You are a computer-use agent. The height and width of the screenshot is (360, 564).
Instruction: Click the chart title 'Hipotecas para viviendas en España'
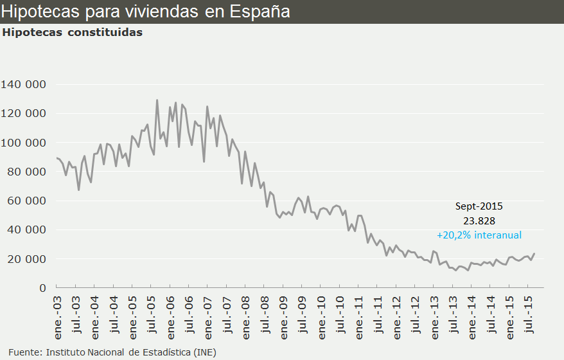(x=145, y=12)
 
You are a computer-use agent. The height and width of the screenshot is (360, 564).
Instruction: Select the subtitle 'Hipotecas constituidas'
(x=73, y=32)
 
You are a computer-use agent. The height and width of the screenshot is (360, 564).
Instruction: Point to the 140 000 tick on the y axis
(x=24, y=84)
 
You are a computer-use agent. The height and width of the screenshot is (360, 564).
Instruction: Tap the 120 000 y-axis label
(x=24, y=113)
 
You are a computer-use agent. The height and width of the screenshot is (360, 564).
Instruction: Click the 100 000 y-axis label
(x=24, y=143)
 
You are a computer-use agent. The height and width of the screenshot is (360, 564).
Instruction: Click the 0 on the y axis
(x=42, y=288)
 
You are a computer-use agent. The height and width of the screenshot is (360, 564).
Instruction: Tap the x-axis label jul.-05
(x=152, y=308)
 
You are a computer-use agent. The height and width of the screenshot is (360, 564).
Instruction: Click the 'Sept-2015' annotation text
(x=479, y=206)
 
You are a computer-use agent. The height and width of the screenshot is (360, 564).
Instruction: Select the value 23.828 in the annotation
(x=479, y=221)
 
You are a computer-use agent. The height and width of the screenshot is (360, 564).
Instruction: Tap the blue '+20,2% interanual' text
(x=479, y=235)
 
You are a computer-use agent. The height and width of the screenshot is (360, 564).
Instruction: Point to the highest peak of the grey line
(x=157, y=100)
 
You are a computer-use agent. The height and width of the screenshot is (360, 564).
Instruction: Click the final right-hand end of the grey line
(x=534, y=253)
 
